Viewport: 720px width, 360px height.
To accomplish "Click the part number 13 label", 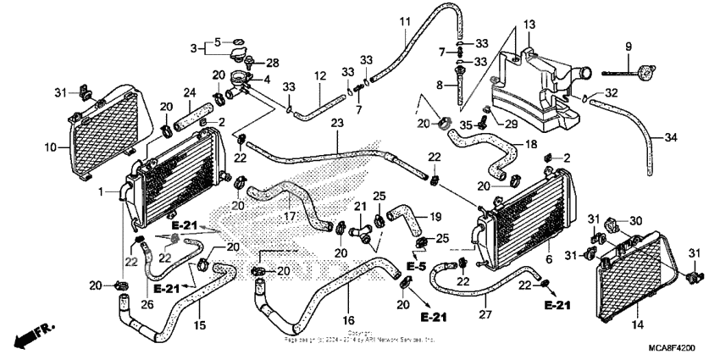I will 529,23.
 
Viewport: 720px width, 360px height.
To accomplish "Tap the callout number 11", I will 404,20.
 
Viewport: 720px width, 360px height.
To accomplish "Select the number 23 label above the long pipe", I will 337,124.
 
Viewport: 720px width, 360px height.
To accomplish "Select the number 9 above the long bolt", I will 629,45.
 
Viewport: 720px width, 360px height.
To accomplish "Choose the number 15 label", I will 200,324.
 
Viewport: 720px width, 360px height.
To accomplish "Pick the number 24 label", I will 190,92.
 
